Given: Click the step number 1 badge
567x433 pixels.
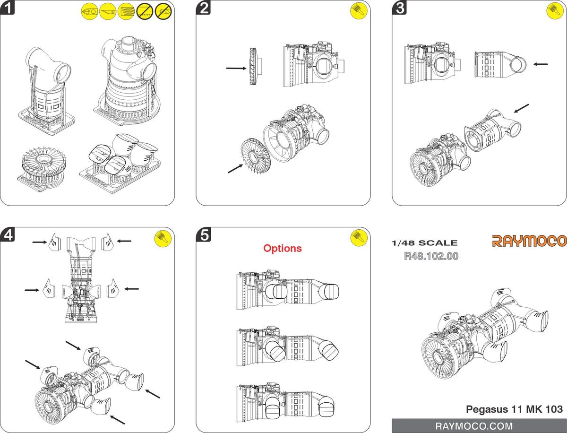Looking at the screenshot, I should [x=8, y=8].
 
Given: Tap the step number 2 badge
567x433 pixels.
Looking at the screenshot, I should [x=204, y=8].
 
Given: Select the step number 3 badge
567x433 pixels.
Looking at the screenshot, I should [x=400, y=8].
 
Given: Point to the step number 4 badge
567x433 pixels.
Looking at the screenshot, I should [x=8, y=234].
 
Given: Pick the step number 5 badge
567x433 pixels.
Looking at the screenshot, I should [x=204, y=234].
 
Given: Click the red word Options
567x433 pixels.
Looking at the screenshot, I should [x=283, y=248].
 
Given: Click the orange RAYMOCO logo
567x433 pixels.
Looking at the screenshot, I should [x=529, y=241].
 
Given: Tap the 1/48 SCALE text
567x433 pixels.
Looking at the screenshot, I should [x=424, y=243].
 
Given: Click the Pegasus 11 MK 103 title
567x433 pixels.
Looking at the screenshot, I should [x=514, y=409].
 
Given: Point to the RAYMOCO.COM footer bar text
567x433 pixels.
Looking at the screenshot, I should [x=479, y=426].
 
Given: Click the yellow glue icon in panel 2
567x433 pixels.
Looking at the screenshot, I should [x=359, y=11].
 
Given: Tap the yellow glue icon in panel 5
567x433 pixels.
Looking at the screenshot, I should [x=359, y=238].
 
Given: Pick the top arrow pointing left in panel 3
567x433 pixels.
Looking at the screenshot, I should [x=540, y=63].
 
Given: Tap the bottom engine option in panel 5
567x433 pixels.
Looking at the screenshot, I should [x=288, y=402].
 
